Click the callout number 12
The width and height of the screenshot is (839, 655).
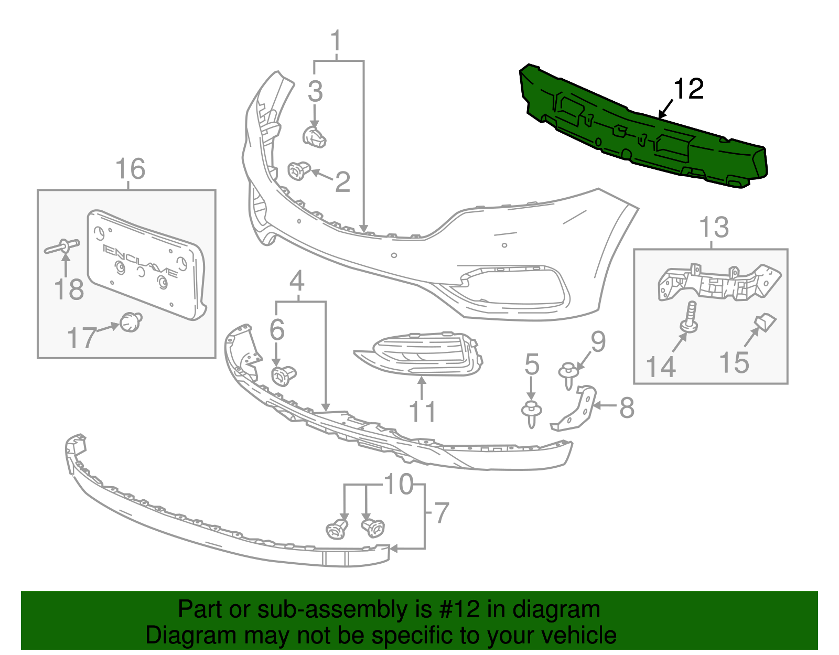pyautogui.click(x=689, y=89)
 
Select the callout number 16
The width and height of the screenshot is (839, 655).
pyautogui.click(x=131, y=169)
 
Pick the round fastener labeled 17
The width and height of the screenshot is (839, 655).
pyautogui.click(x=131, y=323)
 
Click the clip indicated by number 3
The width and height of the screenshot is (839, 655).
pyautogui.click(x=314, y=137)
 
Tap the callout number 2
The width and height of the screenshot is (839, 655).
pyautogui.click(x=342, y=182)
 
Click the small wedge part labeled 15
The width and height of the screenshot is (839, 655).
pyautogui.click(x=765, y=323)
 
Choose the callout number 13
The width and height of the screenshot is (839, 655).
pyautogui.click(x=714, y=227)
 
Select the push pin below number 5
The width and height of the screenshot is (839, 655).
pyautogui.click(x=531, y=414)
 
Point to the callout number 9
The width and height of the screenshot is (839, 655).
pyautogui.click(x=598, y=341)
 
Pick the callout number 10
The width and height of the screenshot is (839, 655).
pyautogui.click(x=399, y=484)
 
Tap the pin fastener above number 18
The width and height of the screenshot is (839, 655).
pyautogui.click(x=62, y=246)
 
